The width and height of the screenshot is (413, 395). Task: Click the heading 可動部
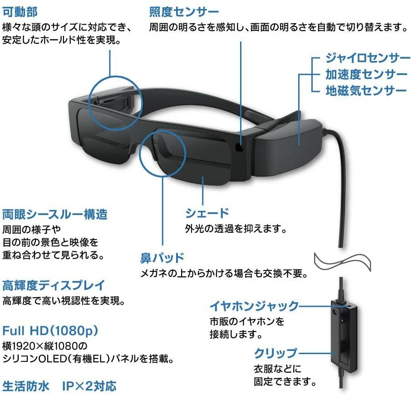pyautogui.click(x=20, y=10)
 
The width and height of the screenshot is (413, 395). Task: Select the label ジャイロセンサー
pyautogui.click(x=365, y=58)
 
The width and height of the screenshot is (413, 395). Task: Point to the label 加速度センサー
pyautogui.click(x=366, y=74)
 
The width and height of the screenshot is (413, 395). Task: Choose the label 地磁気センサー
pyautogui.click(x=366, y=90)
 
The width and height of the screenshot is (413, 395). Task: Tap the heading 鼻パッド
pyautogui.click(x=162, y=258)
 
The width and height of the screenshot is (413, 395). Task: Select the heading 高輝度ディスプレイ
pyautogui.click(x=54, y=285)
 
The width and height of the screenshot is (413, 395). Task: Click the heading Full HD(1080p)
pyautogui.click(x=50, y=330)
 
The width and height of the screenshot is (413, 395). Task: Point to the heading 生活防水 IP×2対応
pyautogui.click(x=59, y=386)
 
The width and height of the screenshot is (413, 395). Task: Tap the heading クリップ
pyautogui.click(x=275, y=353)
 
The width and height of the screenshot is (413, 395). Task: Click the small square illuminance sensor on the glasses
pyautogui.click(x=239, y=147)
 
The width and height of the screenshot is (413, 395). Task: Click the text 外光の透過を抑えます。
pyautogui.click(x=236, y=228)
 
